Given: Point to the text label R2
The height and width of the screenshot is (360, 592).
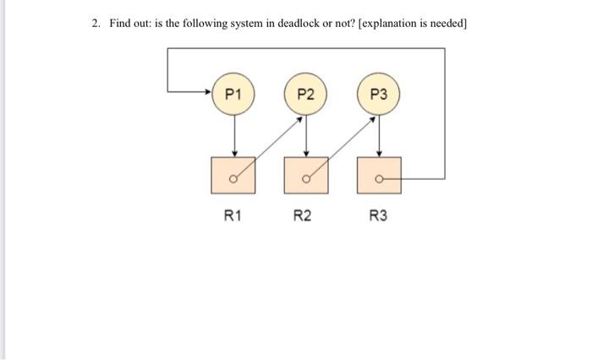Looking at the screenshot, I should pyautogui.click(x=302, y=216).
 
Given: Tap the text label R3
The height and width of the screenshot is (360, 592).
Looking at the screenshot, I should pyautogui.click(x=378, y=216).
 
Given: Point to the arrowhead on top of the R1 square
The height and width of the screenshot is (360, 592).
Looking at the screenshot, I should pyautogui.click(x=233, y=155).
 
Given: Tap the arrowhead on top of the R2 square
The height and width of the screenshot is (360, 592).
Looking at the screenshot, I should pyautogui.click(x=305, y=155).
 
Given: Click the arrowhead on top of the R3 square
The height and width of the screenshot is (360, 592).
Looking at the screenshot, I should pyautogui.click(x=378, y=155).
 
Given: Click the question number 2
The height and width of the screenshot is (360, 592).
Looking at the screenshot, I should pyautogui.click(x=95, y=24).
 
